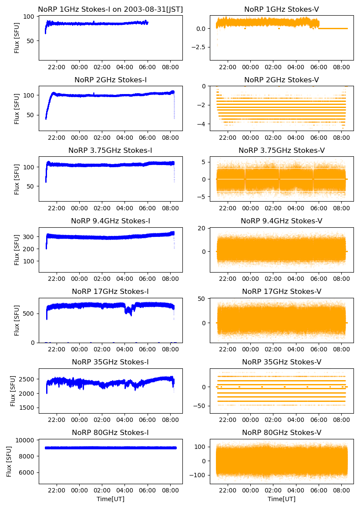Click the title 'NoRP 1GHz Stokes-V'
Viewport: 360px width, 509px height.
[x=281, y=9]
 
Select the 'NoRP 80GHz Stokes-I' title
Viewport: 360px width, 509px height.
[x=110, y=432]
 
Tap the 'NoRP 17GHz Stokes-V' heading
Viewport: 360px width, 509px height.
[x=281, y=291]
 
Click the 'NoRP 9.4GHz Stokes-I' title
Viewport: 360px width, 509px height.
[x=110, y=221]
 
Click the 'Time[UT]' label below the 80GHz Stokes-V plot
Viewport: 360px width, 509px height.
[x=281, y=499]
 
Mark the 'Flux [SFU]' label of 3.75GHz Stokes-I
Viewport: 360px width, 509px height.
[x=17, y=179]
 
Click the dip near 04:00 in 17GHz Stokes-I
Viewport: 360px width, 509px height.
[x=128, y=310]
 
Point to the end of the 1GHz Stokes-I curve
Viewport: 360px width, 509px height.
[x=148, y=23]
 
